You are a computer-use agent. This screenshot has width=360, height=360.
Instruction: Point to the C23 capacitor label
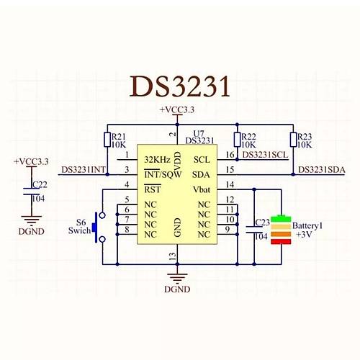point(261,222)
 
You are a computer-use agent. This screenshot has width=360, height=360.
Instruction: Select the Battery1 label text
point(307,225)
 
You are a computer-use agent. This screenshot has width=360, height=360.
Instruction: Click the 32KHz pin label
point(158,158)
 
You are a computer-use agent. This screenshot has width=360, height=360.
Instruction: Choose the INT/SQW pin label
point(162,174)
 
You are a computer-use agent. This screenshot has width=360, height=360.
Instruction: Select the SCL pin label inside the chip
point(202,158)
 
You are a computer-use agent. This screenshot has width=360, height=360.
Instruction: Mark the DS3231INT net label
point(84,170)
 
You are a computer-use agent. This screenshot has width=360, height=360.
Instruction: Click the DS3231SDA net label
point(321,170)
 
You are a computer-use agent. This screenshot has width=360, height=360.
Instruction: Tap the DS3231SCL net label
point(266,155)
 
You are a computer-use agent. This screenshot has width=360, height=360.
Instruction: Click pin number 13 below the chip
point(171,256)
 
